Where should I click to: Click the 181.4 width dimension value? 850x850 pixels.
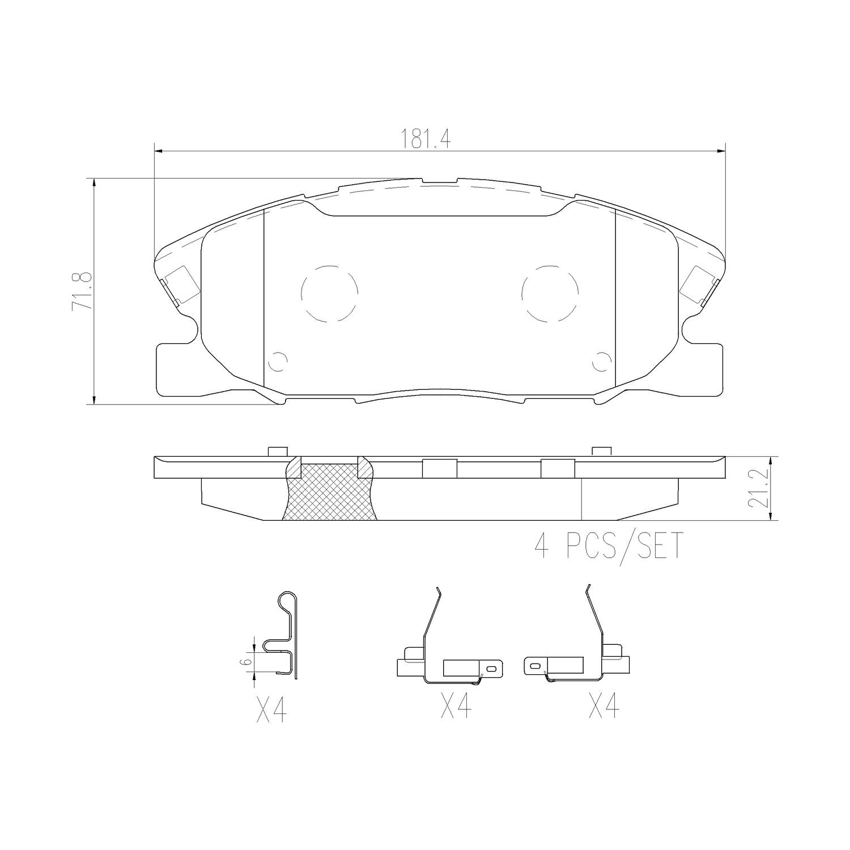[426, 139]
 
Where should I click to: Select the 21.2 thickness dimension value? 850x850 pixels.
[760, 488]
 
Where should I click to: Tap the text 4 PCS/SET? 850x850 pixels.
[609, 546]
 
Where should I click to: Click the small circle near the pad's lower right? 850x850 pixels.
[601, 361]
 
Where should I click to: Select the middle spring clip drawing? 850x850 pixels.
[448, 652]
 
